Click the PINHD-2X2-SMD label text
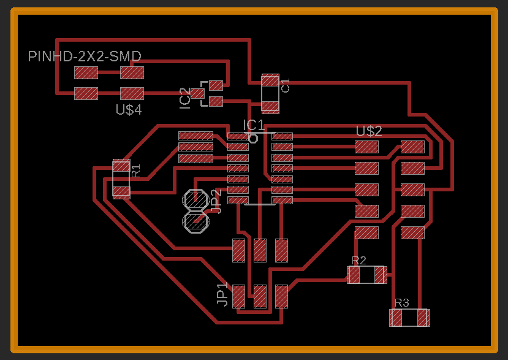point(85,57)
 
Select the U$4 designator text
point(129,110)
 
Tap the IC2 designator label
point(185,99)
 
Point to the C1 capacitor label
point(286,86)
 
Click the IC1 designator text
point(254,125)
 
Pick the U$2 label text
point(369,131)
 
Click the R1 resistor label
point(136,170)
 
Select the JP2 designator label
point(215,201)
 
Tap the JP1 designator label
point(222,294)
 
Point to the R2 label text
point(359,261)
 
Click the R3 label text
point(401,303)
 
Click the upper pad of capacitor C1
point(270,80)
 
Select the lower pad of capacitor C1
point(270,107)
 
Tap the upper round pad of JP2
point(195,200)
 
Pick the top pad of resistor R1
point(121,166)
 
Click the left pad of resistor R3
point(396,318)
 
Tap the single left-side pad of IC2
point(197,93)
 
